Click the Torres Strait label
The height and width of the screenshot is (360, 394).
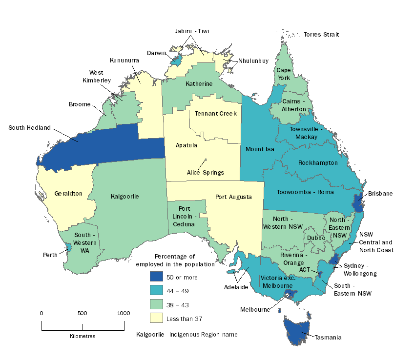pyautogui.click(x=321, y=35)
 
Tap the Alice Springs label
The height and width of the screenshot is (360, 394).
pyautogui.click(x=205, y=172)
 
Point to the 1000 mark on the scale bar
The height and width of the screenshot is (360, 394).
pyautogui.click(x=123, y=313)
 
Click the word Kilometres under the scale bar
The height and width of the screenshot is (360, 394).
pyautogui.click(x=83, y=337)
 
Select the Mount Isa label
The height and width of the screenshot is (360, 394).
pyautogui.click(x=260, y=149)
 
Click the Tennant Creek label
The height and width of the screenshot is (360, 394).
pyautogui.click(x=216, y=113)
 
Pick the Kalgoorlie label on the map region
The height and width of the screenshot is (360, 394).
pyautogui.click(x=125, y=197)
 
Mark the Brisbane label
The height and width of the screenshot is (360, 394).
pyautogui.click(x=380, y=194)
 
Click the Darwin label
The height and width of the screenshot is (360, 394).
pyautogui.click(x=157, y=53)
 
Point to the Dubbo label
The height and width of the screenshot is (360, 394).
pyautogui.click(x=316, y=238)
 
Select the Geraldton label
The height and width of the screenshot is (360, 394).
pyautogui.click(x=68, y=194)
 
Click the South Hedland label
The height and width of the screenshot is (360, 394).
pyautogui.click(x=29, y=128)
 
